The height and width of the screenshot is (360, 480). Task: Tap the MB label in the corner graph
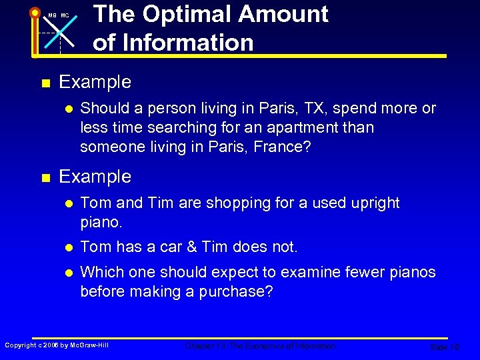coord(52,15)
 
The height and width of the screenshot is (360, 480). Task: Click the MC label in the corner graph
coord(65,15)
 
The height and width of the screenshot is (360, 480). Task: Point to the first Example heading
coord(95,83)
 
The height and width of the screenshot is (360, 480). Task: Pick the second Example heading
coord(95,177)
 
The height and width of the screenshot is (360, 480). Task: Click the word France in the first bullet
coord(279,147)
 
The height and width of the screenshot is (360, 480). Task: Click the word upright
coord(374,203)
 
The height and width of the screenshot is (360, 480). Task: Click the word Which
coord(101,273)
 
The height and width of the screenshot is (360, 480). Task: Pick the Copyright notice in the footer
coord(57,345)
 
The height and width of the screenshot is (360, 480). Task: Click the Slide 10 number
coord(444,347)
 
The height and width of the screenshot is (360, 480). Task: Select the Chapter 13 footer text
coord(261,346)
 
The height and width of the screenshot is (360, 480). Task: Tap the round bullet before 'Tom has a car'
coord(68,247)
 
